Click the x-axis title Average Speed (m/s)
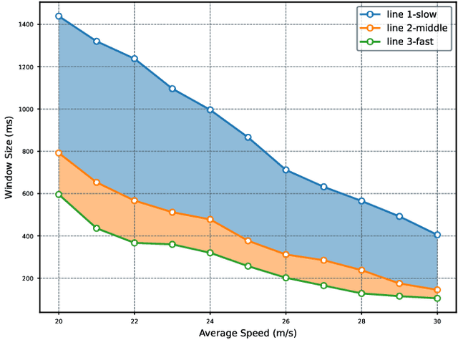(248, 333)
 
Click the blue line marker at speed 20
(59, 16)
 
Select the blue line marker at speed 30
(437, 235)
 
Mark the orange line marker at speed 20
(59, 153)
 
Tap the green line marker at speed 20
(59, 194)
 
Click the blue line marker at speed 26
(286, 170)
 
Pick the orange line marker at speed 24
(210, 220)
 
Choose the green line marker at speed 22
(135, 243)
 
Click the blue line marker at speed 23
(172, 89)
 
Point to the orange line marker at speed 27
(323, 261)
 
